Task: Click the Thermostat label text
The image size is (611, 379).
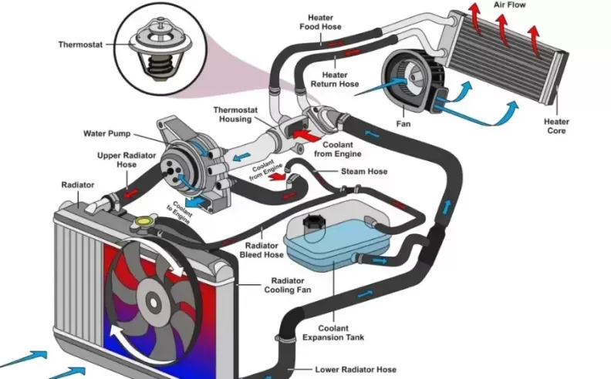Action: point(80,45)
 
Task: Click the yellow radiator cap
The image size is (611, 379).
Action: point(143,222)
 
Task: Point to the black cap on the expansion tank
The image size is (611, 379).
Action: point(315,223)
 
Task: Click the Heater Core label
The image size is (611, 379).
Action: point(556,126)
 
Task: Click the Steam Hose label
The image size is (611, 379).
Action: point(364,171)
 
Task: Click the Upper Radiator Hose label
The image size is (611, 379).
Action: point(118,160)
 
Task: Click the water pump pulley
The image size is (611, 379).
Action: point(173,163)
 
